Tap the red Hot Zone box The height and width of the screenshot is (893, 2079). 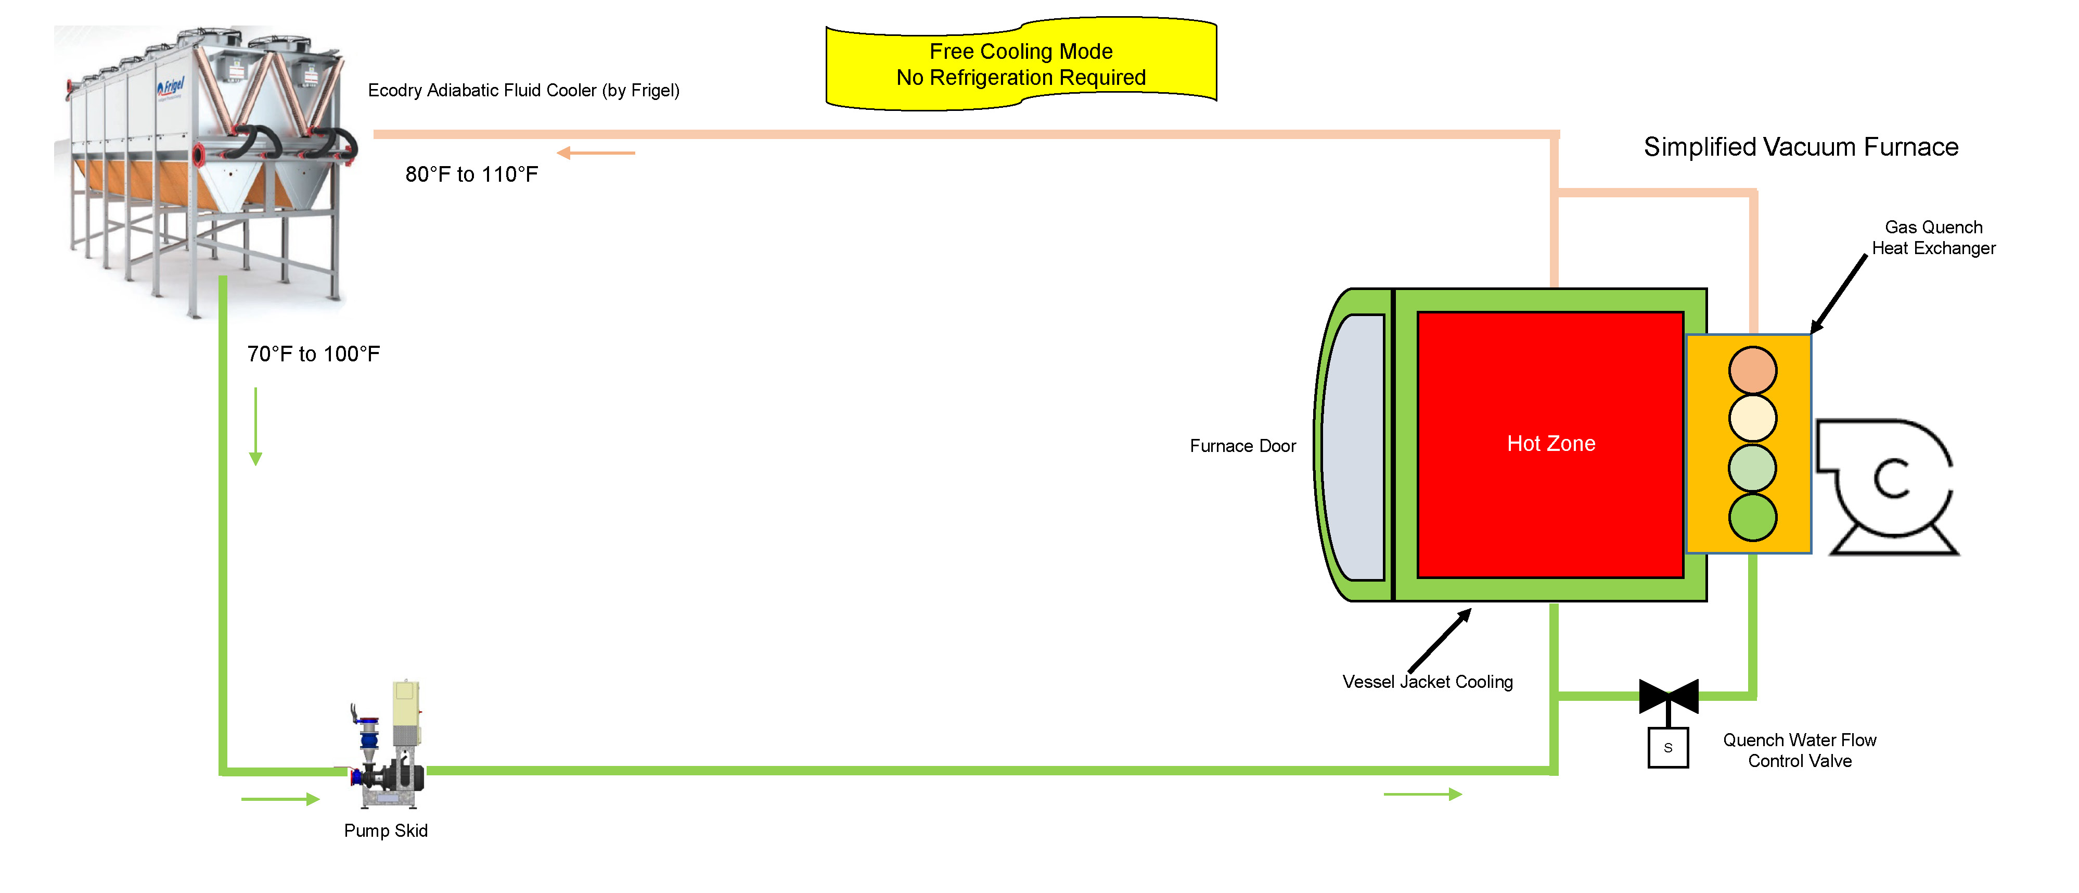1549,444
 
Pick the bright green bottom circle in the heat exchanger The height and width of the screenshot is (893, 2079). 1752,517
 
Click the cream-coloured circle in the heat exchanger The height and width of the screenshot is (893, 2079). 1752,418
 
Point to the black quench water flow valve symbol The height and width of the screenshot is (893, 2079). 1668,696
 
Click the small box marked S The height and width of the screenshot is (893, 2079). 1667,748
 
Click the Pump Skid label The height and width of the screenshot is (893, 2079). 386,831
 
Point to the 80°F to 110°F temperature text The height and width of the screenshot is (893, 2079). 471,174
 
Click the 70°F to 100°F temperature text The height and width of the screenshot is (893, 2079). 313,354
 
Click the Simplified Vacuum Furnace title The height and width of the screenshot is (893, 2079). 1801,147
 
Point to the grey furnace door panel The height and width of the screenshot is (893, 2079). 1356,447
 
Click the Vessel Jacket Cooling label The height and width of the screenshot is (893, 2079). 1427,682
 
